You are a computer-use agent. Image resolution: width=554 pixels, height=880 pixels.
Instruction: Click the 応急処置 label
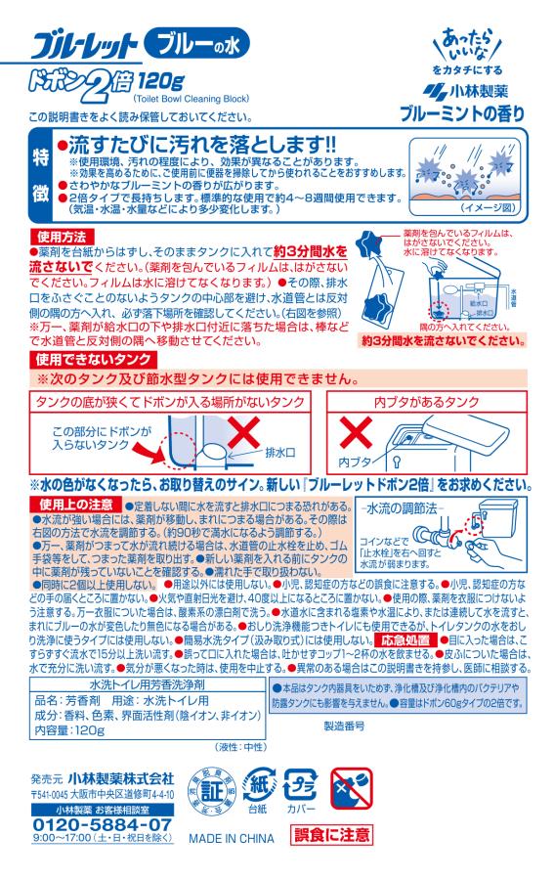point(404,637)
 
